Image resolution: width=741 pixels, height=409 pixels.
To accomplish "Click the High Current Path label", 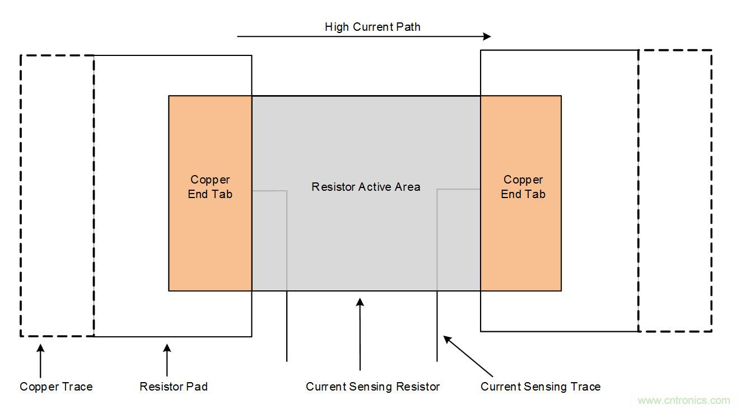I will (372, 27).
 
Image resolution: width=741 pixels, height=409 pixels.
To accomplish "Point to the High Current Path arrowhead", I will (487, 36).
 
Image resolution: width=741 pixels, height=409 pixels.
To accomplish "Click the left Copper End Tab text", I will (210, 187).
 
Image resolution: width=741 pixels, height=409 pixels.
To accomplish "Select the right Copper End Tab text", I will (523, 187).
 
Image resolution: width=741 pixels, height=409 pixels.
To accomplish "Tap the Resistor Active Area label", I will (366, 187).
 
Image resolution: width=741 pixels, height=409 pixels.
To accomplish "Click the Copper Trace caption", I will (56, 387).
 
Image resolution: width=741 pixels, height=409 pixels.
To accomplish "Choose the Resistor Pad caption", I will (174, 387).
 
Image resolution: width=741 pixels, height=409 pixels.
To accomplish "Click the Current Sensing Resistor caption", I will (372, 387).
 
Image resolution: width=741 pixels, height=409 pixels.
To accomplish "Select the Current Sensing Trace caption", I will (540, 387).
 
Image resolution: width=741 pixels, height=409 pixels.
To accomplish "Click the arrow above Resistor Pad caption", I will (167, 360).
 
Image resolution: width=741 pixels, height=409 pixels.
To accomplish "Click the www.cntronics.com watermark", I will (684, 400).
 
